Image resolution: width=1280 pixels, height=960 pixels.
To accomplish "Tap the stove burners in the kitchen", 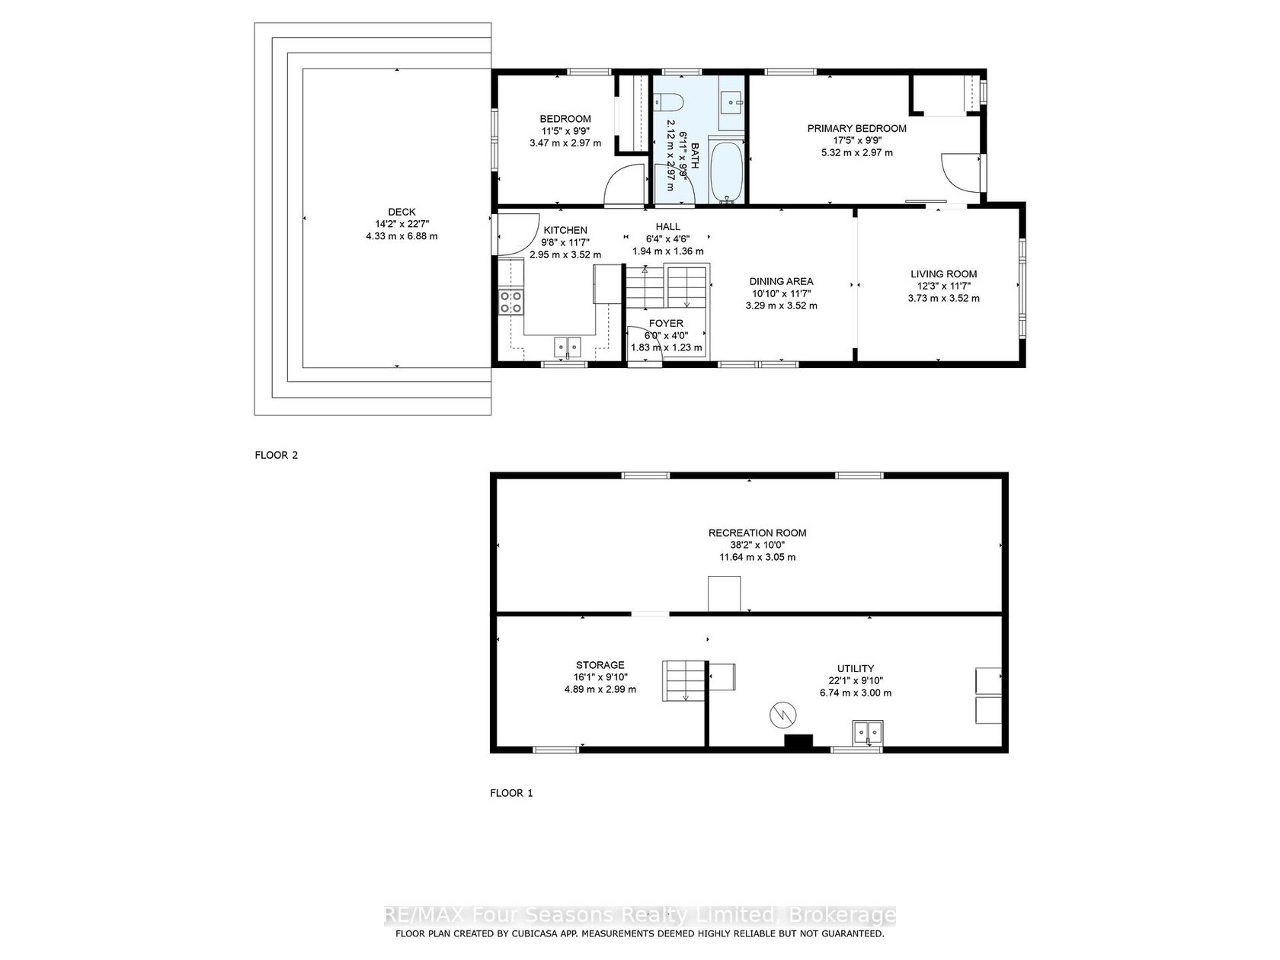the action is coord(510,302).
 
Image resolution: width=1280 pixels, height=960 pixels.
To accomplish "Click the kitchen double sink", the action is coord(568,347).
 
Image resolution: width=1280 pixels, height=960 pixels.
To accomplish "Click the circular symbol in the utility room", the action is coord(782,715).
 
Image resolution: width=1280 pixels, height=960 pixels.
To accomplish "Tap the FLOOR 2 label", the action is coord(277,455).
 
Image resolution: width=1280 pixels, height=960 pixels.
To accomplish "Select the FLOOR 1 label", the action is coord(511,792).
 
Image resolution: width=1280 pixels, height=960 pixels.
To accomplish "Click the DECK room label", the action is coord(402,212).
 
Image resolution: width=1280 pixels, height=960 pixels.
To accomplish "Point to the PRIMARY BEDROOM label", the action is coord(856,128).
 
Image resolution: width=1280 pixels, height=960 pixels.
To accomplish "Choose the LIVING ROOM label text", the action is coord(943,274).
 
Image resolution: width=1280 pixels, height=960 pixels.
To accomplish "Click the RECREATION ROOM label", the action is coord(757,533).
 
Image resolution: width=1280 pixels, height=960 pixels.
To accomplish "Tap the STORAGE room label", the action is coord(600,665).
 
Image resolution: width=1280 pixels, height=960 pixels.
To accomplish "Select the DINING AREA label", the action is coord(781,282).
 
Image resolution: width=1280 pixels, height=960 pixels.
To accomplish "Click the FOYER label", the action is coord(666,324).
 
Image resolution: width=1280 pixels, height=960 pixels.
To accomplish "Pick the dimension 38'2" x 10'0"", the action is coord(757,545).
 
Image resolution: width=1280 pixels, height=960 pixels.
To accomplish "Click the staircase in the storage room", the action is coord(685,681).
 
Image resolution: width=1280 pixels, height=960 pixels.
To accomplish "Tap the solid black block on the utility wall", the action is coord(798,741).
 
